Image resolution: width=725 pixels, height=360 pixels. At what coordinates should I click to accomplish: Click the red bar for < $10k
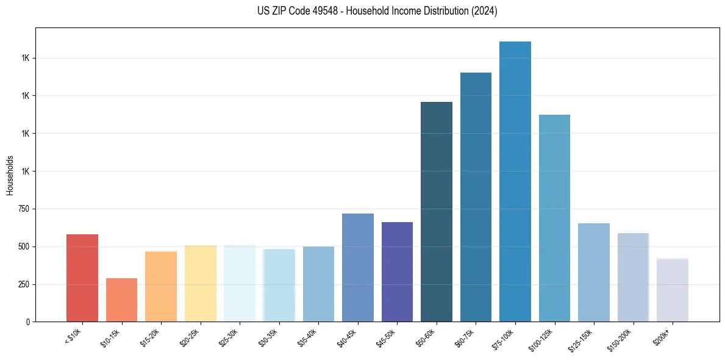82,278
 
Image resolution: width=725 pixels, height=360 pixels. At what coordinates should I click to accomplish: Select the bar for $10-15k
121,300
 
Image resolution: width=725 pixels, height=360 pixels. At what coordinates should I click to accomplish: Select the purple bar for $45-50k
397,272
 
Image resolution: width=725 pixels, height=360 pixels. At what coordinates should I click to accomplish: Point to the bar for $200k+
673,290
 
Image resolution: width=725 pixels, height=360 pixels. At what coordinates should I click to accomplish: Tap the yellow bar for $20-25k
201,284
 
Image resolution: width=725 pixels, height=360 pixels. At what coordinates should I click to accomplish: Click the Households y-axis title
10,175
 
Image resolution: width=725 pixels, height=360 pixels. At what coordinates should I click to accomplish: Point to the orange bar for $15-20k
161,286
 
